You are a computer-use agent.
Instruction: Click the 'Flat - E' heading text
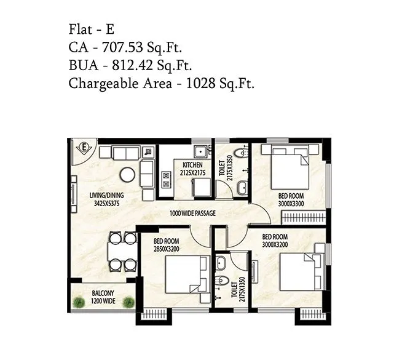point(92,29)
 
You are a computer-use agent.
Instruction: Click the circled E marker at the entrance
point(86,148)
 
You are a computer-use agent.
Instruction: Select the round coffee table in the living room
point(127,174)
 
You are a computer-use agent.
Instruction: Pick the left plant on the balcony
point(78,302)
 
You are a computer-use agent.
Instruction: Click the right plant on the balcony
point(128,302)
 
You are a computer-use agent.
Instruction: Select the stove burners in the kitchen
point(165,179)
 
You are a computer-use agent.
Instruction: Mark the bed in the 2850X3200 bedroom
point(184,277)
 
